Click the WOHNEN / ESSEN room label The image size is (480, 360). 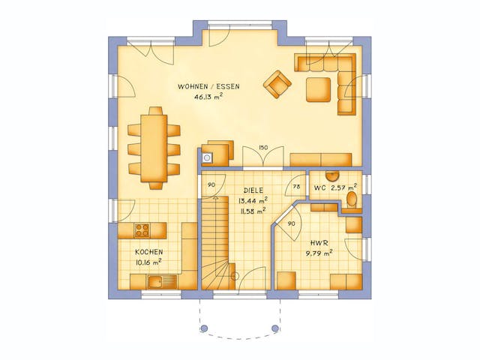(208, 87)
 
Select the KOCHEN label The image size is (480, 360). (148, 252)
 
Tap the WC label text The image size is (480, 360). (319, 187)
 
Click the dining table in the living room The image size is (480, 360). (155, 146)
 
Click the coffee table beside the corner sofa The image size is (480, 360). (318, 88)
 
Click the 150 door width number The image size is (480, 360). (262, 148)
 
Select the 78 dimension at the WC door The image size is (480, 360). (296, 186)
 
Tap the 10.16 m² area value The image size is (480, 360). (148, 262)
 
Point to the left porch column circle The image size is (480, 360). (202, 328)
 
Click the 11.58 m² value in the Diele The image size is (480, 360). (252, 211)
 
